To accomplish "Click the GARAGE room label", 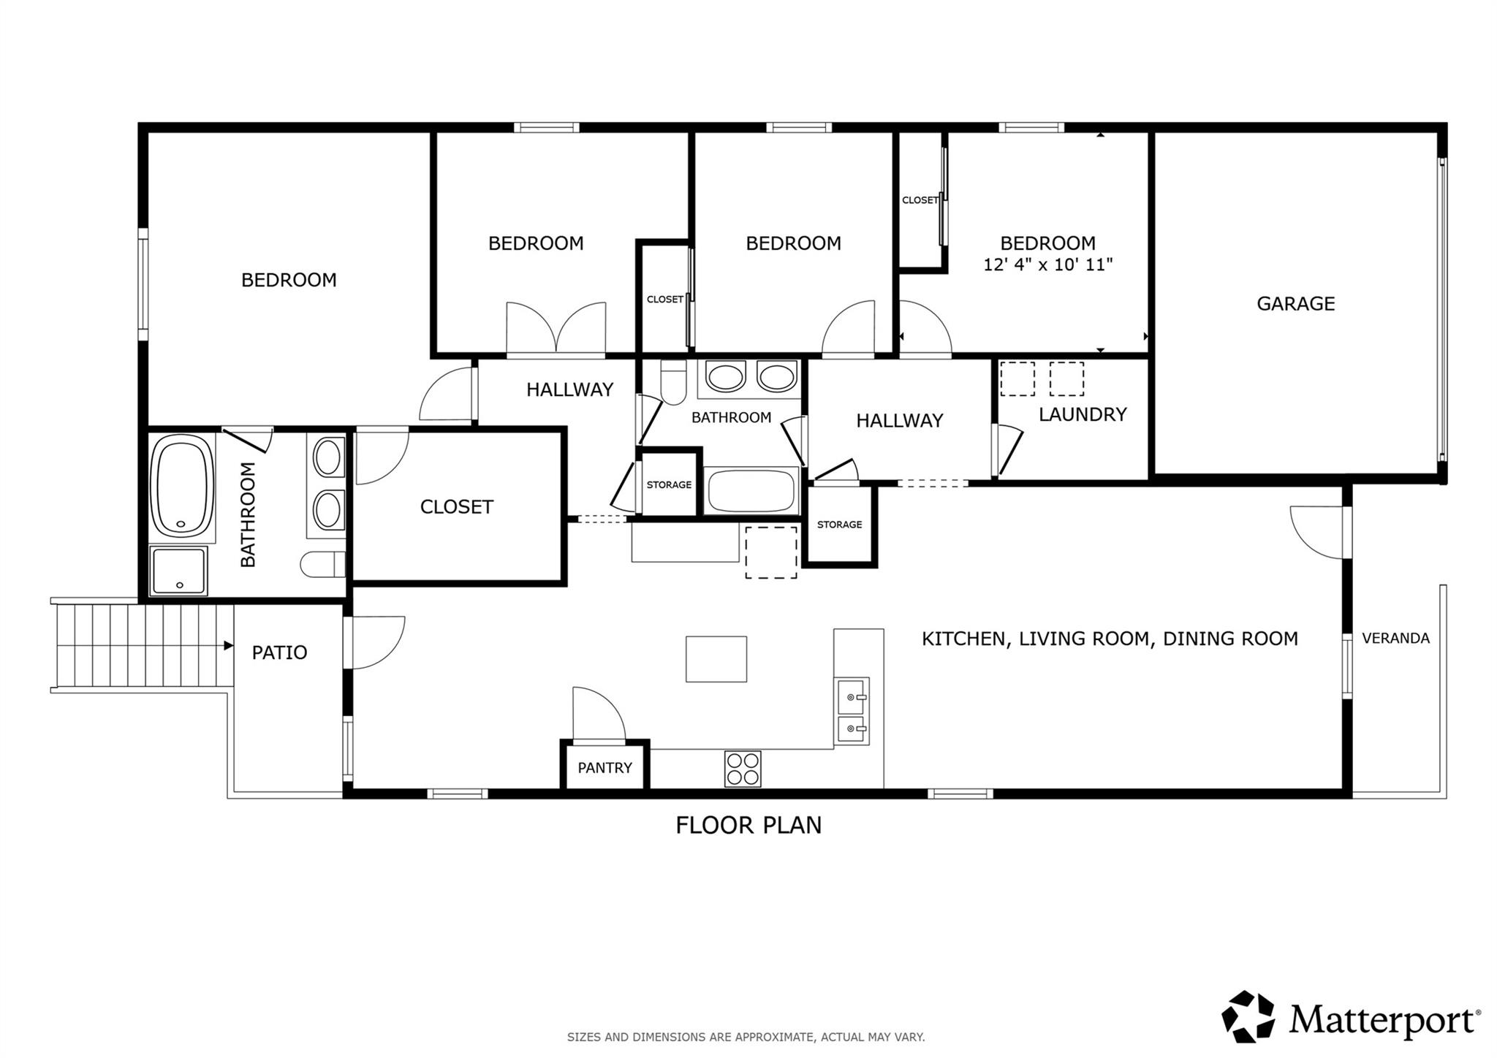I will pyautogui.click(x=1295, y=303).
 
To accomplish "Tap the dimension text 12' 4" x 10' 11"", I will pyautogui.click(x=1047, y=264).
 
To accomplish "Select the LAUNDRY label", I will pyautogui.click(x=1082, y=414).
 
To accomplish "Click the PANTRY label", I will pyautogui.click(x=605, y=768).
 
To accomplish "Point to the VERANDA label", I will pyautogui.click(x=1395, y=638).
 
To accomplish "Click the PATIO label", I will pyautogui.click(x=279, y=652).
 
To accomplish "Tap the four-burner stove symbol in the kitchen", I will pyautogui.click(x=743, y=769).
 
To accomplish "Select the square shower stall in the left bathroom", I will pyautogui.click(x=178, y=571).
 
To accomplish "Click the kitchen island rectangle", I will pyautogui.click(x=716, y=659).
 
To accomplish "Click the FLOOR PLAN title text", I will pyautogui.click(x=748, y=825).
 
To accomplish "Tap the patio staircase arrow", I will pyautogui.click(x=228, y=646).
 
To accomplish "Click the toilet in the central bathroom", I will pyautogui.click(x=672, y=382).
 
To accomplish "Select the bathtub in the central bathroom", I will pyautogui.click(x=751, y=491).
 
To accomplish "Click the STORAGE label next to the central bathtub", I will pyautogui.click(x=669, y=484).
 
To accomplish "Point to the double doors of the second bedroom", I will pyautogui.click(x=556, y=329).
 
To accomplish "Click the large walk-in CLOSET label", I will pyautogui.click(x=456, y=506).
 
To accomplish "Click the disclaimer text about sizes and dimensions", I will pyautogui.click(x=746, y=1037).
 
